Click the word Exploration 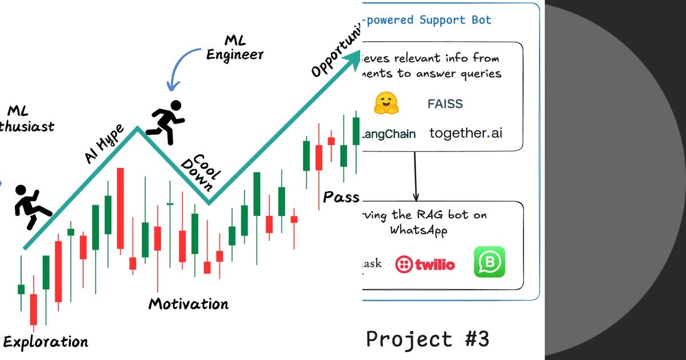pos(46,342)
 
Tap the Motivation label pos(188,303)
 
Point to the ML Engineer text pos(235,47)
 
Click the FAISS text pos(445,104)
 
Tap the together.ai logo pos(466,134)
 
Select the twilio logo pos(425,264)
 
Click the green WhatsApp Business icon pos(489,262)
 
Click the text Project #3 pos(428,339)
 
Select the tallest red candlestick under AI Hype pos(120,209)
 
